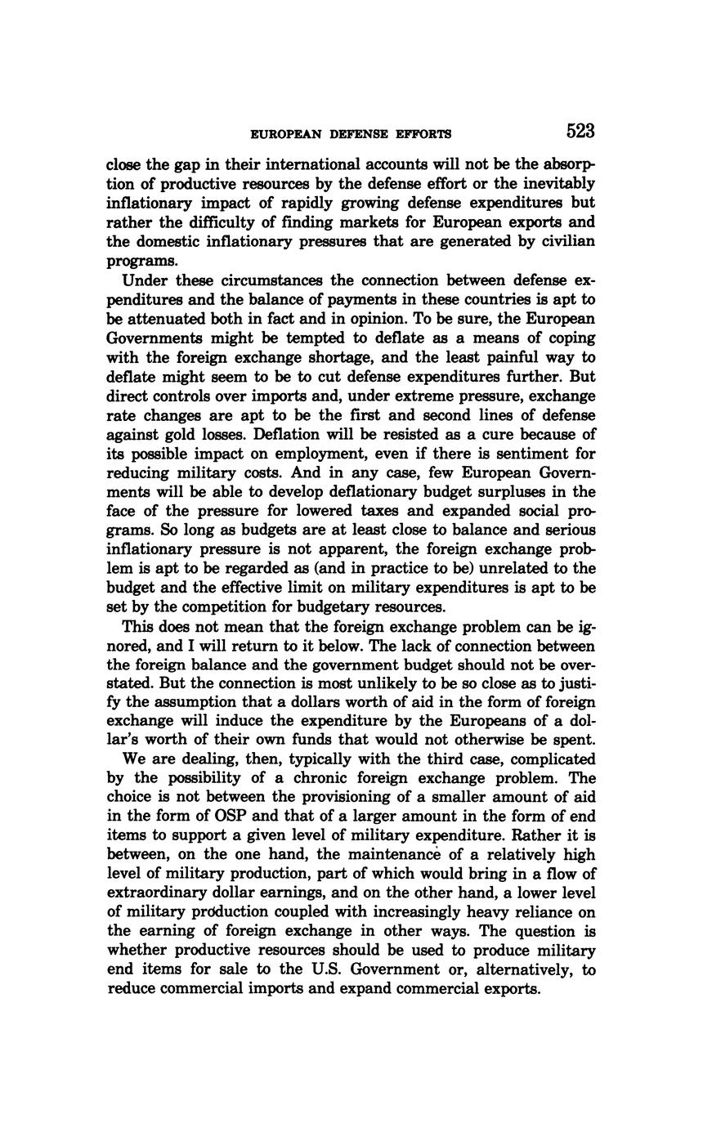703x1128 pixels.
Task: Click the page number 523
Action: click(x=579, y=132)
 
